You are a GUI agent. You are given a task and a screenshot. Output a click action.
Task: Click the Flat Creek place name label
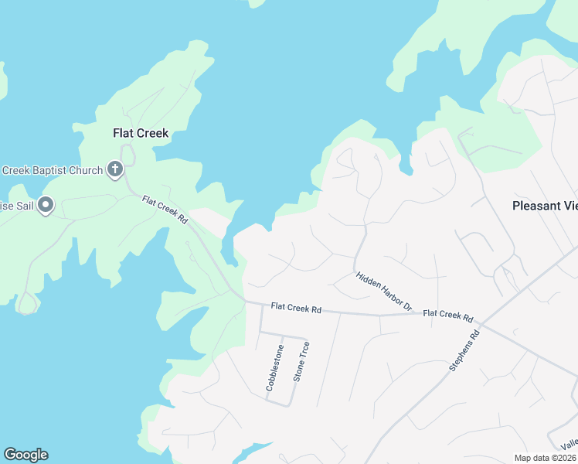(141, 133)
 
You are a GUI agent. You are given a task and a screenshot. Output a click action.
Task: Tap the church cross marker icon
(115, 169)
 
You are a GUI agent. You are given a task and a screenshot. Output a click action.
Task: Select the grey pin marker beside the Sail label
(46, 206)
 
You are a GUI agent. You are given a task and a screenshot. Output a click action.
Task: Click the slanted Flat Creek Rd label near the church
(165, 209)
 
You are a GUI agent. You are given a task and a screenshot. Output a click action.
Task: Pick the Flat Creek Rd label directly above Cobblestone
(296, 308)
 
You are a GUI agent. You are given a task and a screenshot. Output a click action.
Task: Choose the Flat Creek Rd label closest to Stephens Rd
(448, 315)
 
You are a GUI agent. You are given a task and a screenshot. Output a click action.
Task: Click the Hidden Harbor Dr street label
(384, 292)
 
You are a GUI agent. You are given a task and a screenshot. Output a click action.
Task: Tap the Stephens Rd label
(464, 350)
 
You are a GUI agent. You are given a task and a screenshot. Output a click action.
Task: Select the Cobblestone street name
(274, 367)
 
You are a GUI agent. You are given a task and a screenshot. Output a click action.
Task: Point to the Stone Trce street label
(301, 362)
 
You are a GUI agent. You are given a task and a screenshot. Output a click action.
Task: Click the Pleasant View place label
(545, 206)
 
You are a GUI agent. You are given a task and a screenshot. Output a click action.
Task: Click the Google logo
(25, 455)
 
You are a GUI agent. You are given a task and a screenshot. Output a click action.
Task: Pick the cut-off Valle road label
(569, 444)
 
